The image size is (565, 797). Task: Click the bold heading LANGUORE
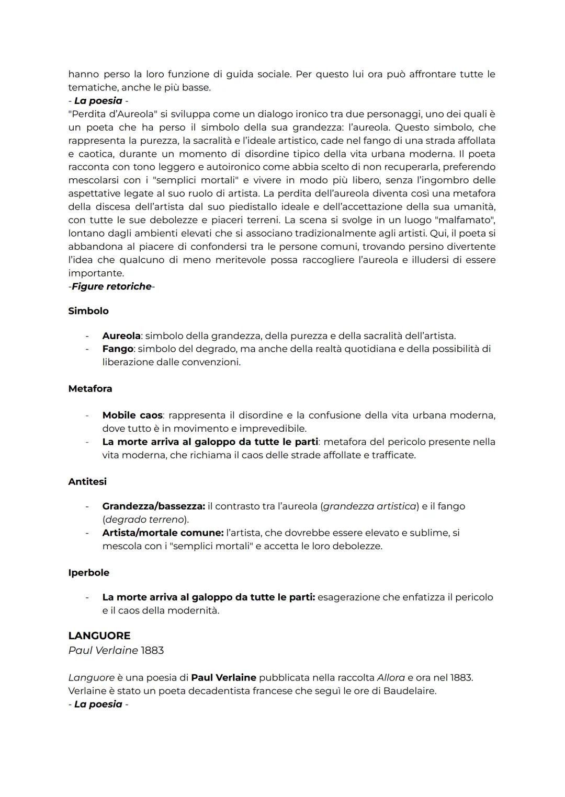(x=99, y=636)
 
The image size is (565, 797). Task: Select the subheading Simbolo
(x=88, y=311)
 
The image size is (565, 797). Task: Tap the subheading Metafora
(x=90, y=389)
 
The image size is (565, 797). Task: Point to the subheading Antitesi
(x=87, y=481)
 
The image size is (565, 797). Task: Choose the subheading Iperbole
(x=88, y=573)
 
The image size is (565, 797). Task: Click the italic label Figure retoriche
(x=111, y=286)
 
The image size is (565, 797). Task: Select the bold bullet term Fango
(x=117, y=349)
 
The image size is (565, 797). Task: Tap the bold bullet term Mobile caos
(x=132, y=415)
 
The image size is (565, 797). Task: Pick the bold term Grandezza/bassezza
(x=153, y=506)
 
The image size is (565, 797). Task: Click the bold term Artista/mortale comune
(x=163, y=533)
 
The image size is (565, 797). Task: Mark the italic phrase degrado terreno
(x=145, y=519)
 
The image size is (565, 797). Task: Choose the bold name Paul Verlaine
(x=223, y=678)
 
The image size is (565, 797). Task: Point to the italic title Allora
(x=391, y=678)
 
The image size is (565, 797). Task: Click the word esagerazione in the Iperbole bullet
(x=348, y=597)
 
